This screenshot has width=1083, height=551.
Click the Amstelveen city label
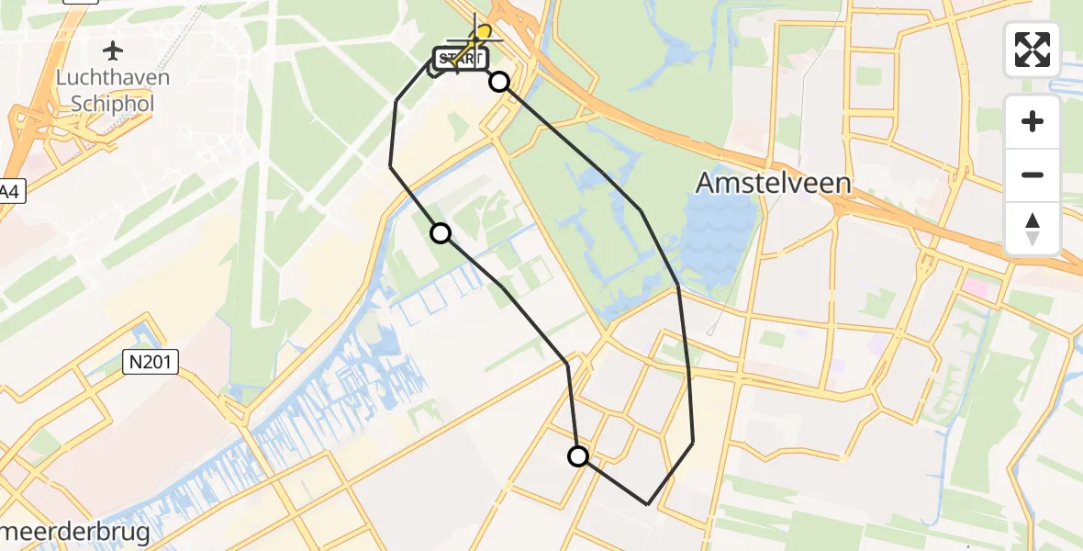click(x=773, y=183)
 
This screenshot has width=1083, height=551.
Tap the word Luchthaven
click(x=113, y=78)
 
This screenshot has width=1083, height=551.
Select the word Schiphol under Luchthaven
click(x=113, y=103)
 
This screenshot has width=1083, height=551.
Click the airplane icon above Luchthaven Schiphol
click(x=113, y=50)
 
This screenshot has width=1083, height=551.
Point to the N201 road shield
click(x=149, y=365)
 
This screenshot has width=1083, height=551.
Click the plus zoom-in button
click(x=1033, y=121)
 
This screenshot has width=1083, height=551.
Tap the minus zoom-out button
click(x=1033, y=174)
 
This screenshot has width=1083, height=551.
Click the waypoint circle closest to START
click(x=499, y=82)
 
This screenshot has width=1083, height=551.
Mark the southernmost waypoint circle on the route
click(x=578, y=456)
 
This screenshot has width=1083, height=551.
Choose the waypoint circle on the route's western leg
click(x=441, y=233)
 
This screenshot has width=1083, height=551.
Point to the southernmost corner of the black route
click(x=648, y=504)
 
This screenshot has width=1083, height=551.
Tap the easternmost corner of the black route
click(x=693, y=443)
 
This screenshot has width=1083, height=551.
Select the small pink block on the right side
click(x=977, y=287)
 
